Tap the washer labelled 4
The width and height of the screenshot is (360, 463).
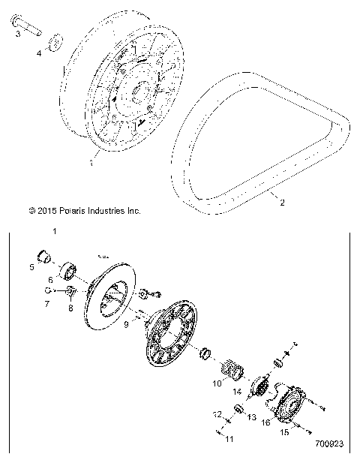click(55, 41)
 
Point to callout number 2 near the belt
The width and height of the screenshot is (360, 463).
click(283, 202)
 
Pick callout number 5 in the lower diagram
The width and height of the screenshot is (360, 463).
click(33, 266)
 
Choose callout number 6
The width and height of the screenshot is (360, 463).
click(51, 279)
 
